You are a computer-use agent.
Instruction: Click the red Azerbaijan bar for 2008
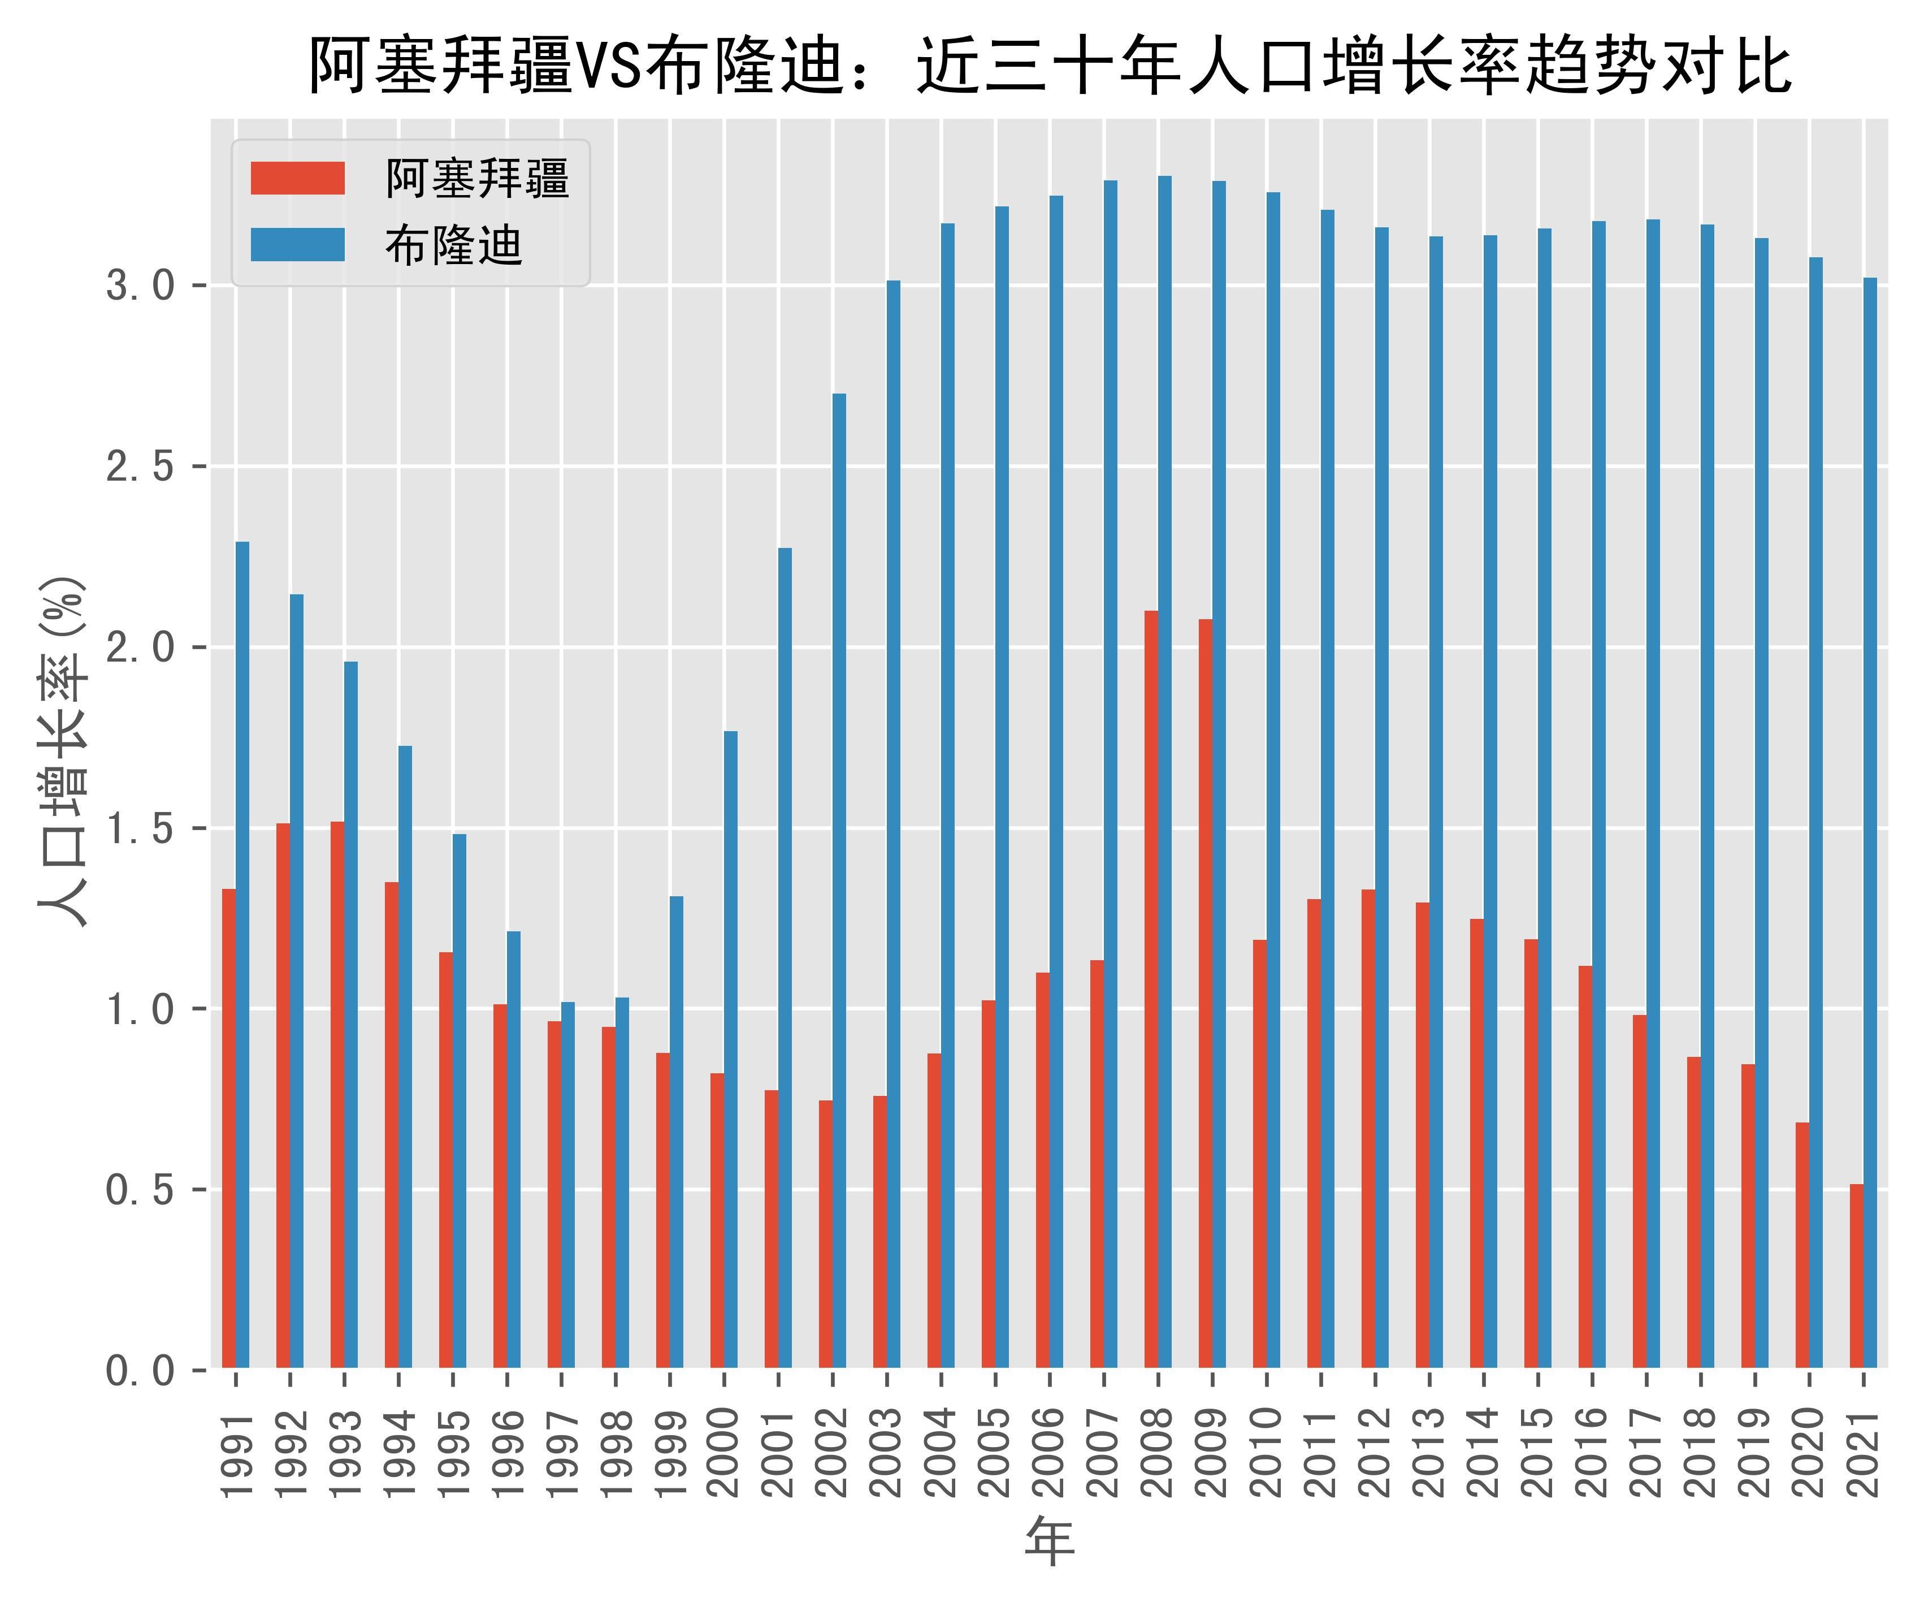click(1151, 990)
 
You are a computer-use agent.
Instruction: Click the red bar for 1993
click(337, 1095)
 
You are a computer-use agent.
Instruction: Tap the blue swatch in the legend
click(298, 245)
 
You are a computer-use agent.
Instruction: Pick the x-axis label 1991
click(236, 1453)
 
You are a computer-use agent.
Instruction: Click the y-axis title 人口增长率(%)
click(62, 752)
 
